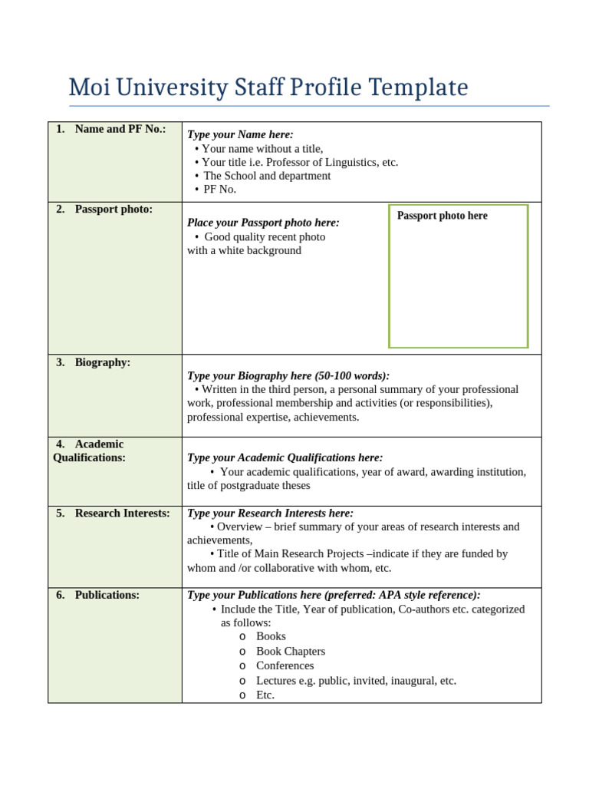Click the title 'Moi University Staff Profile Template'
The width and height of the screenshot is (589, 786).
click(268, 88)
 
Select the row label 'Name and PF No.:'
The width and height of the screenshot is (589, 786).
click(120, 129)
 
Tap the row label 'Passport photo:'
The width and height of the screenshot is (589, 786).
click(114, 209)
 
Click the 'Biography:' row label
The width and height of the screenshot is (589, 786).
click(102, 362)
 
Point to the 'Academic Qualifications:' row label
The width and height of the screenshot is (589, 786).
click(89, 451)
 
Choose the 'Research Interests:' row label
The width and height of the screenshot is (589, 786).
click(122, 513)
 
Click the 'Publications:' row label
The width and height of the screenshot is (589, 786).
click(107, 595)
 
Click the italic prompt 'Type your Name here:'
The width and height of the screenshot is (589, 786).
click(240, 134)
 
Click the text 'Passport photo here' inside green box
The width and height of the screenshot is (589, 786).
click(442, 216)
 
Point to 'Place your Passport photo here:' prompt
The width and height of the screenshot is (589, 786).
click(263, 223)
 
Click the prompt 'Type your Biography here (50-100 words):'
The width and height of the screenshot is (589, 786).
click(288, 375)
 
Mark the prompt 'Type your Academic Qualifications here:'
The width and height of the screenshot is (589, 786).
click(285, 457)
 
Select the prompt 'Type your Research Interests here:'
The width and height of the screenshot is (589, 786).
click(270, 513)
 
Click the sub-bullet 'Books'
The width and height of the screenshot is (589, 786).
click(271, 636)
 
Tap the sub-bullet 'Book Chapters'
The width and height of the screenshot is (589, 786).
click(291, 651)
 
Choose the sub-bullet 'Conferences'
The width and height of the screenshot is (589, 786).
click(285, 665)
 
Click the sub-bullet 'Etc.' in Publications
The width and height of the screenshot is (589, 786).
click(265, 695)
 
